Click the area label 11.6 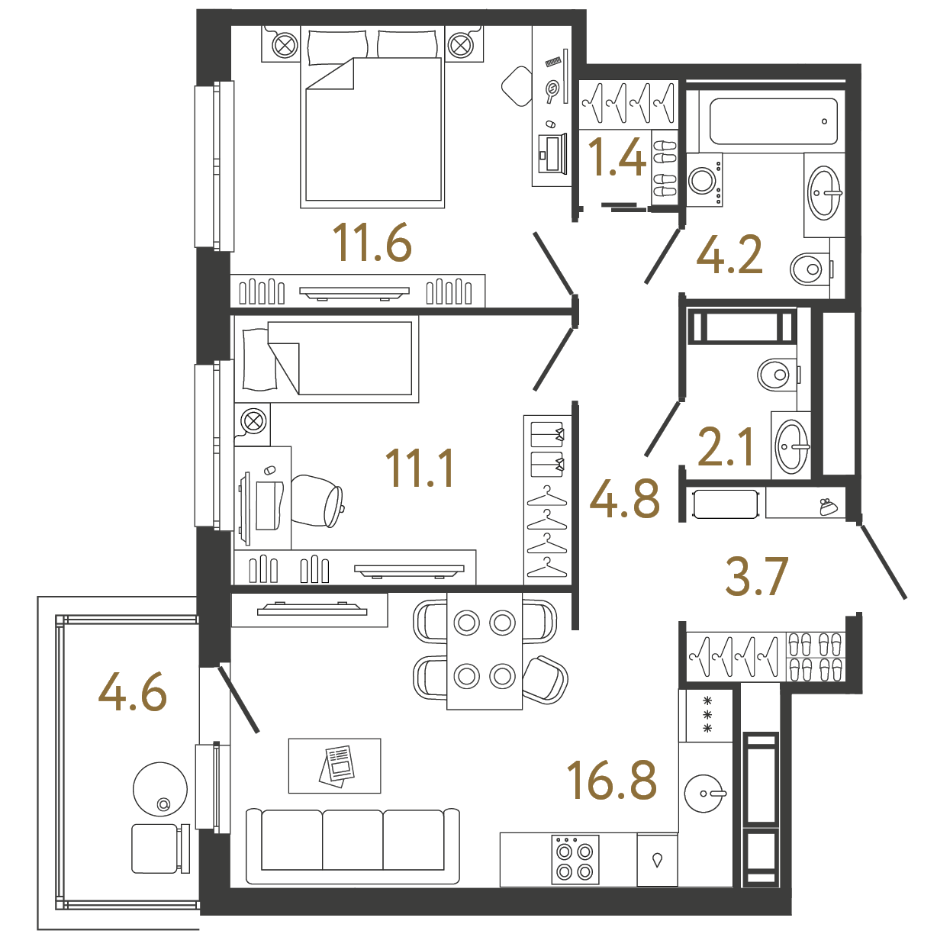pyautogui.click(x=372, y=243)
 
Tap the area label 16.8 pyautogui.click(x=612, y=781)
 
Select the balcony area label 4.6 pyautogui.click(x=132, y=692)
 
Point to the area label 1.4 pyautogui.click(x=617, y=157)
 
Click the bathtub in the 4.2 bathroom pyautogui.click(x=773, y=121)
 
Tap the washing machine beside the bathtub pyautogui.click(x=704, y=180)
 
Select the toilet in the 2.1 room pyautogui.click(x=777, y=375)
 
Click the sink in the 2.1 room pyautogui.click(x=791, y=446)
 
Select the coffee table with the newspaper pyautogui.click(x=334, y=766)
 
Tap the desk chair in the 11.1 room pyautogui.click(x=318, y=501)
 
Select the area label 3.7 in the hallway pyautogui.click(x=756, y=577)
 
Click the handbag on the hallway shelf pyautogui.click(x=828, y=507)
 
